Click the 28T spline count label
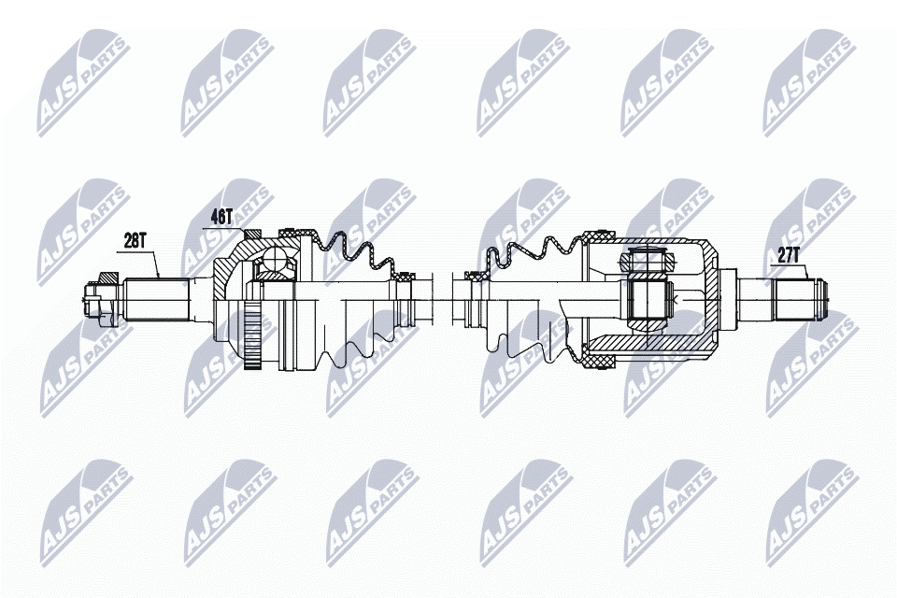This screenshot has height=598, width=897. point(135,240)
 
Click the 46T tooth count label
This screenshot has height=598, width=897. point(221,216)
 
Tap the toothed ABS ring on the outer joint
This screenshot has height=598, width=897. point(249,335)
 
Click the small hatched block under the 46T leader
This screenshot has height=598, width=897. point(249,234)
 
